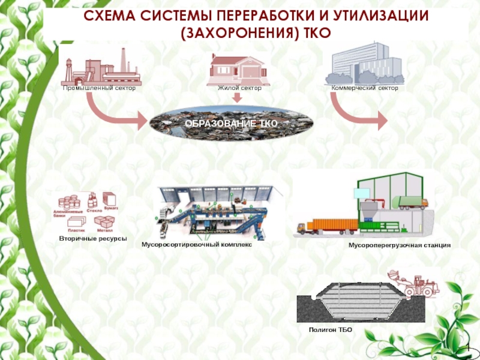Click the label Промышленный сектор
[100, 88]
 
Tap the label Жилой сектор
[239, 88]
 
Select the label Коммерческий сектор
[365, 88]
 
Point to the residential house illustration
[238, 69]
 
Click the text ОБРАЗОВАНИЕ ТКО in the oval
[231, 123]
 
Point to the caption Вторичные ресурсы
[93, 239]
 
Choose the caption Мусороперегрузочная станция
[399, 246]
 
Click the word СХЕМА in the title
[108, 16]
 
